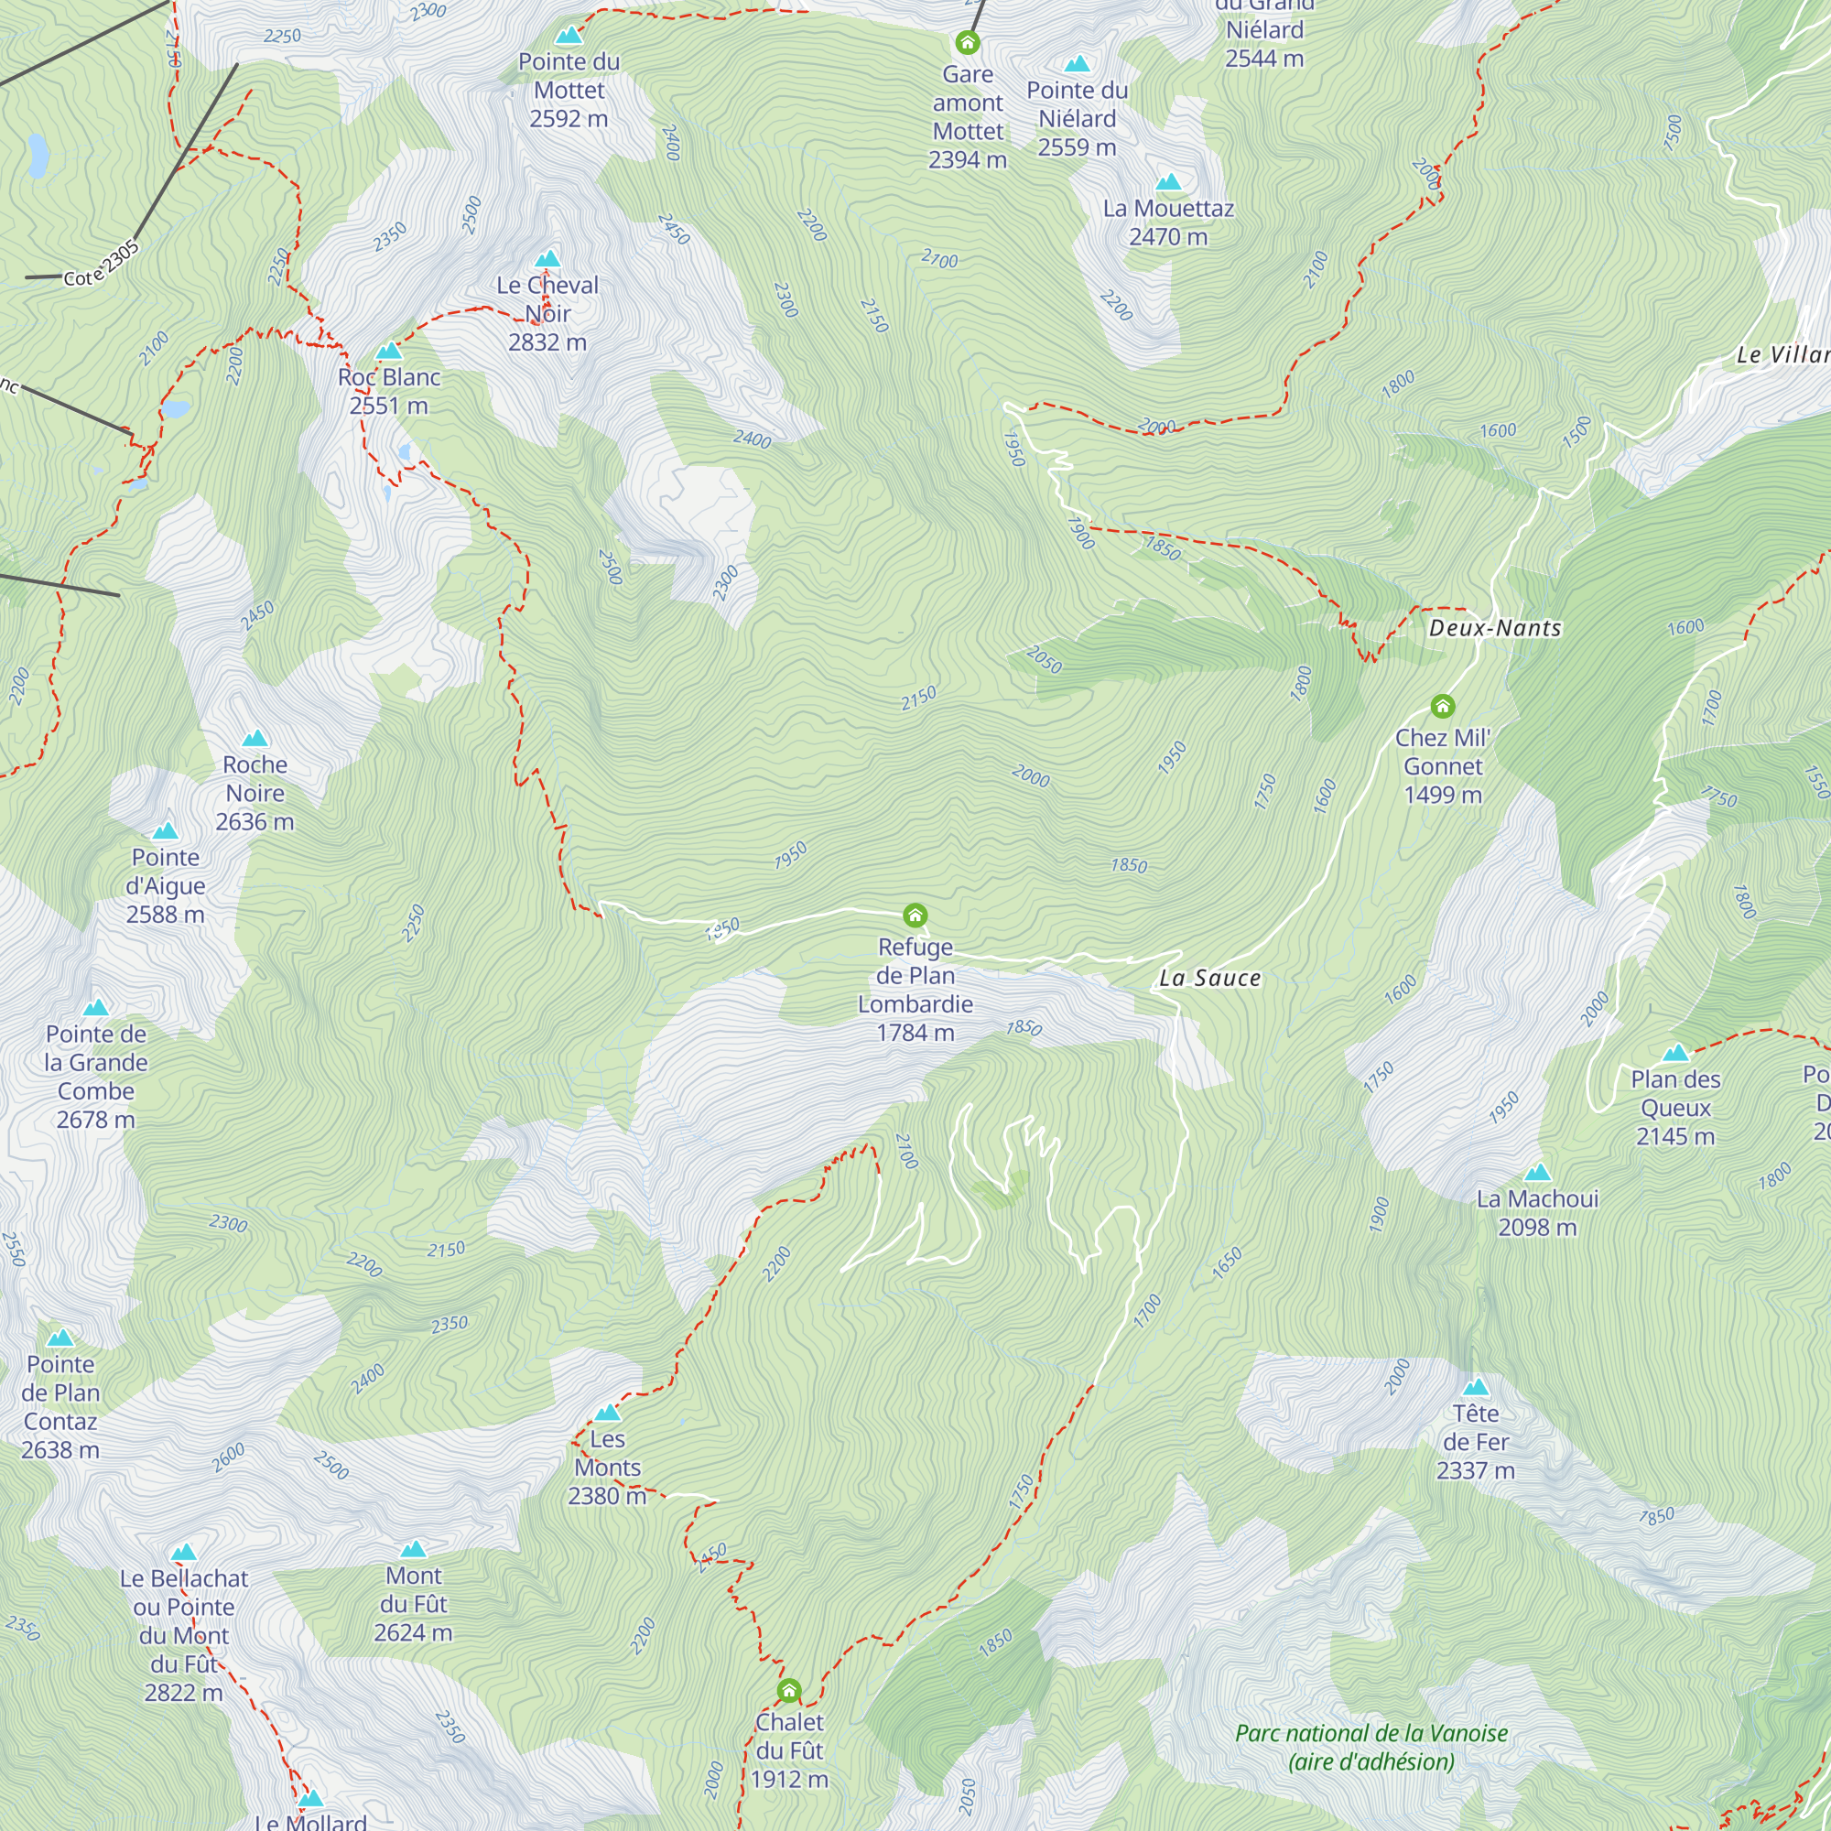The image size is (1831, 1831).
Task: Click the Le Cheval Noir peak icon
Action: click(547, 260)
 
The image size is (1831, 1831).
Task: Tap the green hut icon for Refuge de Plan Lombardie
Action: click(915, 915)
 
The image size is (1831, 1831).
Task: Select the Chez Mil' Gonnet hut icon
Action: click(1443, 706)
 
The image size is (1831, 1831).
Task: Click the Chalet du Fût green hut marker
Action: click(788, 1691)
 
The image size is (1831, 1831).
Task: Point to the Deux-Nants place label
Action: click(1495, 628)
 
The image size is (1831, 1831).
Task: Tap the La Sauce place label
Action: click(1209, 978)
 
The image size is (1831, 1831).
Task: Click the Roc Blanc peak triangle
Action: click(388, 352)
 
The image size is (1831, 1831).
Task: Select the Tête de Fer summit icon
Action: click(1476, 1389)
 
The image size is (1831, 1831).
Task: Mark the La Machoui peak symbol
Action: click(1537, 1174)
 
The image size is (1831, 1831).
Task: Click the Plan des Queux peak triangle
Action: click(1675, 1053)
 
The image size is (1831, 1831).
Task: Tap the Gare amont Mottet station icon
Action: click(967, 43)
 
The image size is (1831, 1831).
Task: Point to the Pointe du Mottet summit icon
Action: click(569, 36)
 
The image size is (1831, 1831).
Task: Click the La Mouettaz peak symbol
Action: click(1168, 182)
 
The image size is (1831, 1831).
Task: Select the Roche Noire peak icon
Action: click(255, 738)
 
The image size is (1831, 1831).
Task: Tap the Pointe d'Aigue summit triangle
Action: click(166, 831)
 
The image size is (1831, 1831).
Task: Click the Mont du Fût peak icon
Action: click(413, 1550)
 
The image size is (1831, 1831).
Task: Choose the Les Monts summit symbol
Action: click(608, 1413)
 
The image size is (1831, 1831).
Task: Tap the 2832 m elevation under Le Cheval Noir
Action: click(547, 342)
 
